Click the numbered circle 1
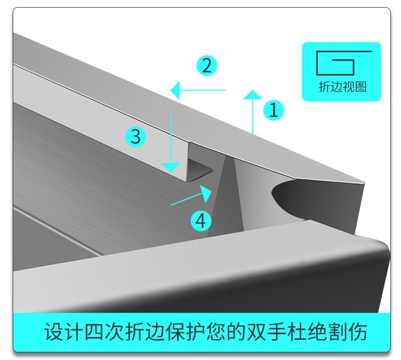273,111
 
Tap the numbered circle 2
207,66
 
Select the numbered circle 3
136,137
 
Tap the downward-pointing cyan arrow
170,142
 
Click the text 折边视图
342,87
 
